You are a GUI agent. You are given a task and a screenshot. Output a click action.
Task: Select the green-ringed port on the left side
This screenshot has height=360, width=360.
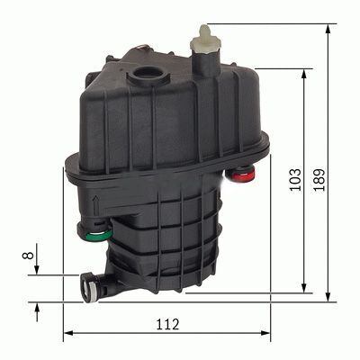[x=101, y=237]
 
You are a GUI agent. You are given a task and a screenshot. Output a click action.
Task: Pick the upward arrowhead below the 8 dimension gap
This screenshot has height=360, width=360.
[x=37, y=306]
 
